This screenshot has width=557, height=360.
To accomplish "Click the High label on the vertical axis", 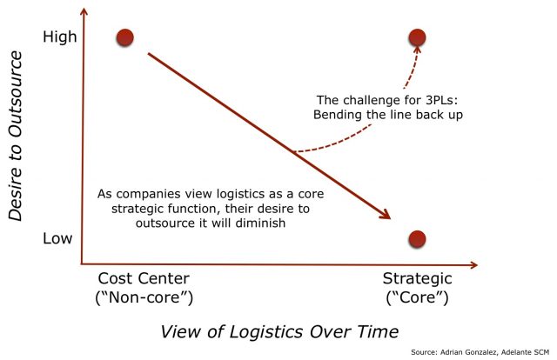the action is click(60, 37).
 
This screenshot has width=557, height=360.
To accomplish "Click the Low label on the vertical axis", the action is click(57, 238).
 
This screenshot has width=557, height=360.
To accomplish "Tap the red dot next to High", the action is click(124, 37).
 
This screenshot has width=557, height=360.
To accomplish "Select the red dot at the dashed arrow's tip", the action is click(417, 37).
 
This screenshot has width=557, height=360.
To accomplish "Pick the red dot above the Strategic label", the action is click(417, 239).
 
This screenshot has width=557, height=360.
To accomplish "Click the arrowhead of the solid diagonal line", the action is click(386, 215).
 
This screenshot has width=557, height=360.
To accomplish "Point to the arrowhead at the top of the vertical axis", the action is click(84, 11).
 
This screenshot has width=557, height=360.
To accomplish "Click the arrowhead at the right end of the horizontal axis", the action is click(473, 265).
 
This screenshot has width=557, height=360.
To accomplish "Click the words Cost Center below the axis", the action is click(144, 278).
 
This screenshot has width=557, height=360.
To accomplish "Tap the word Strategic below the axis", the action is click(417, 279).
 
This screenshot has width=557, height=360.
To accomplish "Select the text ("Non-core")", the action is click(144, 297).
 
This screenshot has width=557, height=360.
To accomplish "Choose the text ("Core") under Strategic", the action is click(417, 297).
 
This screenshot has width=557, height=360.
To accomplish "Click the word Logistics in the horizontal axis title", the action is click(266, 332).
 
